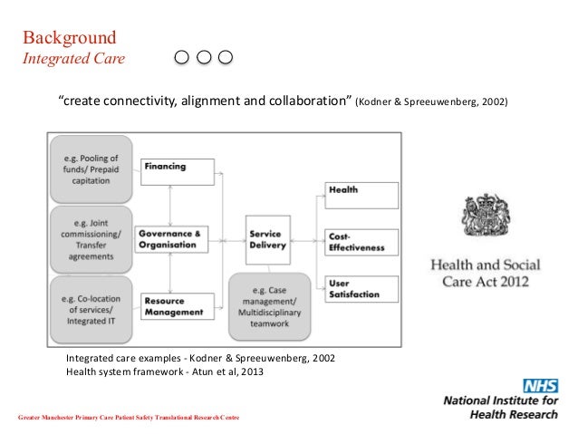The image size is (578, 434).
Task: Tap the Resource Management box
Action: [178, 305]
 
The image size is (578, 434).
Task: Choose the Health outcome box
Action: [361, 195]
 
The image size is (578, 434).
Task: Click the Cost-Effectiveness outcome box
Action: [361, 241]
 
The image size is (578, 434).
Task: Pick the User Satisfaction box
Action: [361, 288]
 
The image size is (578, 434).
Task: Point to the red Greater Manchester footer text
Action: [129, 415]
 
